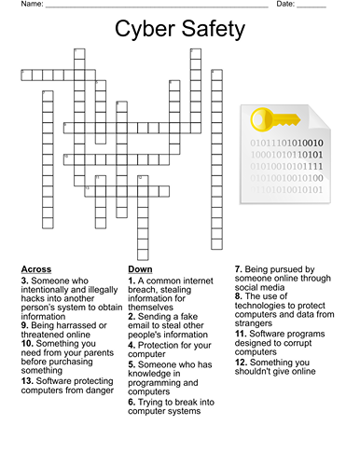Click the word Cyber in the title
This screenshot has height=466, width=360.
click(x=146, y=29)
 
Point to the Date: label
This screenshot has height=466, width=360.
click(x=285, y=5)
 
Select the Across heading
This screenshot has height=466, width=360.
click(x=36, y=269)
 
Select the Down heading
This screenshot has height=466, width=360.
click(x=140, y=269)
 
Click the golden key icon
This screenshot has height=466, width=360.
click(x=274, y=119)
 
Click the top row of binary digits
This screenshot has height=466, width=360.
click(x=285, y=143)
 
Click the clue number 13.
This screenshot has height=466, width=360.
click(x=27, y=381)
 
